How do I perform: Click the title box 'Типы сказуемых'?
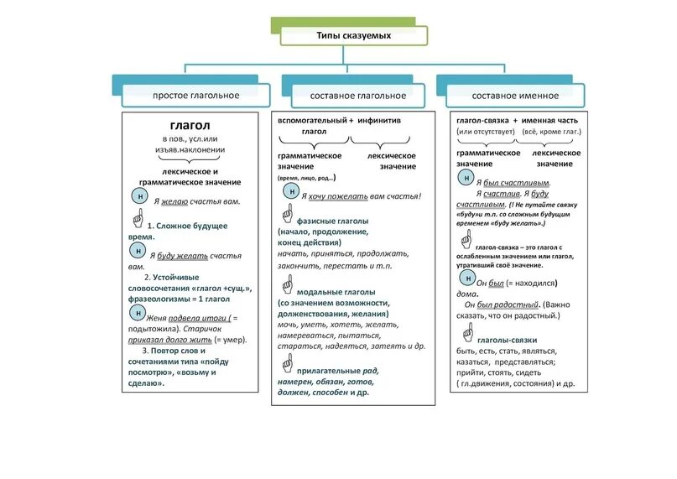pos(353,36)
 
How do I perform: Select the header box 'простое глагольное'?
pos(195,96)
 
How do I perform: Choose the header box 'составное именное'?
pos(509,96)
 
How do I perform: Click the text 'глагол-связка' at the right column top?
pos(482,121)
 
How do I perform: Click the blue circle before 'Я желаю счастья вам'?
pos(139,196)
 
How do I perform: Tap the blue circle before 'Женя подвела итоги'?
pos(137,312)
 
